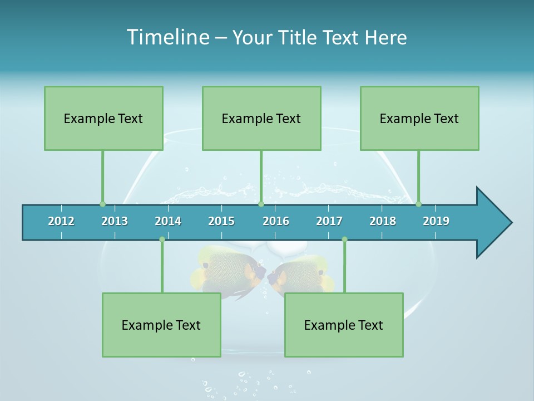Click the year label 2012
[x=61, y=221]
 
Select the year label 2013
[x=115, y=221]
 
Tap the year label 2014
[x=168, y=221]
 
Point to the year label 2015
[x=221, y=221]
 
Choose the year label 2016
[x=276, y=221]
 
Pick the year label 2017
[x=329, y=221]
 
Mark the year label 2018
[x=383, y=221]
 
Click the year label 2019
[x=436, y=221]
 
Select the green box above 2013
[x=103, y=118]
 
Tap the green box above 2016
[x=261, y=118]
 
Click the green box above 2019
[x=419, y=118]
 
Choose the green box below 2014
[x=161, y=325]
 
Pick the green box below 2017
[x=344, y=325]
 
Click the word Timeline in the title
[x=167, y=37]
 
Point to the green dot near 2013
[x=102, y=204]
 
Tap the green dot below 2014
[x=162, y=239]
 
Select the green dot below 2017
[x=344, y=239]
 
